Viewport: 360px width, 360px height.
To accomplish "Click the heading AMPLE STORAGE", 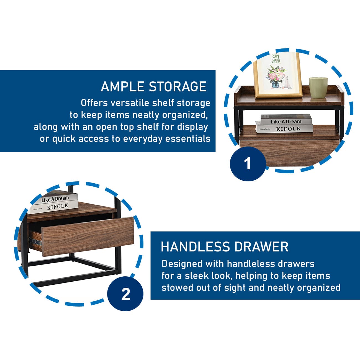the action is (x=153, y=86).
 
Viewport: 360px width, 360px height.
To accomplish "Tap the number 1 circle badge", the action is (x=248, y=163).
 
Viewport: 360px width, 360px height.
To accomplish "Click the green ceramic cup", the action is (x=318, y=88).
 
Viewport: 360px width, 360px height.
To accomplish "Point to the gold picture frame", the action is (x=277, y=76).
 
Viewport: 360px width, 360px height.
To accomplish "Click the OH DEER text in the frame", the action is (x=276, y=59).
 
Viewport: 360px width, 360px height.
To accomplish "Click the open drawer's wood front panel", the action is (x=88, y=236).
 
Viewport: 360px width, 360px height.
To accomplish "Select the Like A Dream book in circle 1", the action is (x=286, y=120).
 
